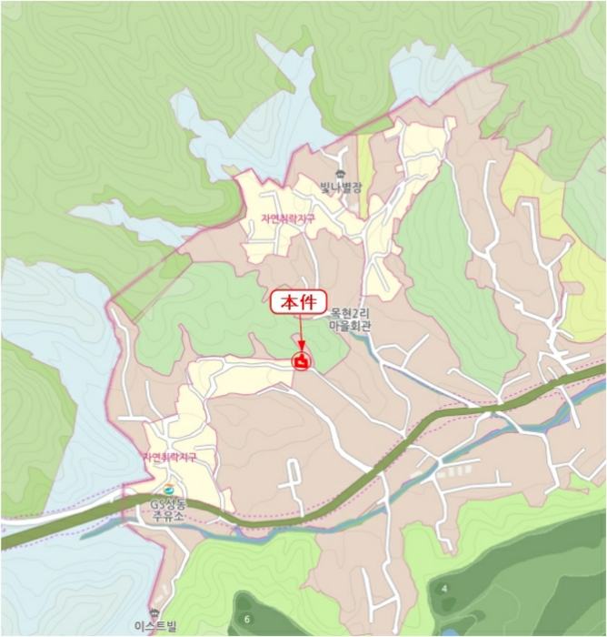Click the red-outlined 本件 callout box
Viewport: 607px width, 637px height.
[x=298, y=302]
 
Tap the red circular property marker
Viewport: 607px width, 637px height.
[x=301, y=362]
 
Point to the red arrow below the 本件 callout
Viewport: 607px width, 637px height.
[x=300, y=332]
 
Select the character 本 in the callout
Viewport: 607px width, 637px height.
[x=289, y=302]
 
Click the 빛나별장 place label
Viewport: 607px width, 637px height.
[x=341, y=188]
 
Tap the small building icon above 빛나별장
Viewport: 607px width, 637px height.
[x=341, y=174]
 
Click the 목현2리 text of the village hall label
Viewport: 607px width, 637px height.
[x=351, y=311]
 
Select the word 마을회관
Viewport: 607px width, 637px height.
[x=351, y=324]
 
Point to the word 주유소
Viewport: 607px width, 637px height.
[x=171, y=514]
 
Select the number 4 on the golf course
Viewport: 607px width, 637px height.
[x=444, y=589]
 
